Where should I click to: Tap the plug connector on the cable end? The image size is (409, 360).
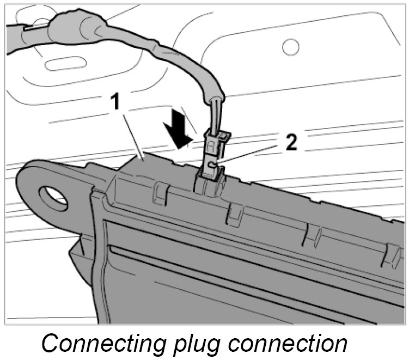point(214,155)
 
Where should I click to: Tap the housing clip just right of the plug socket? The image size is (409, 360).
point(235,213)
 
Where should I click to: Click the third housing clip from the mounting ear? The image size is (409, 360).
point(313,235)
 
